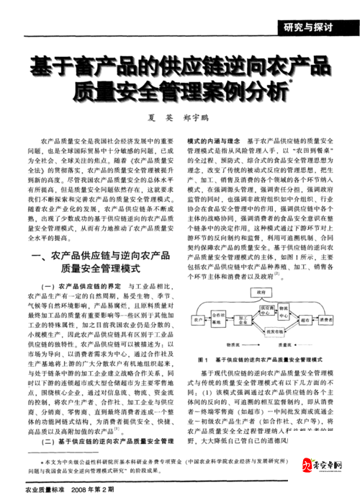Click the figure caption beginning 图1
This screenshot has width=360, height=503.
click(x=259, y=359)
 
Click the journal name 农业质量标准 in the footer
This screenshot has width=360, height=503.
click(x=36, y=490)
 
